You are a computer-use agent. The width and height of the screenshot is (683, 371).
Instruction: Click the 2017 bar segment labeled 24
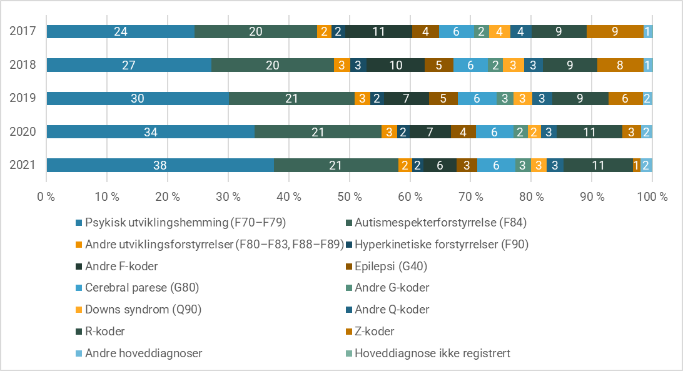[120, 31]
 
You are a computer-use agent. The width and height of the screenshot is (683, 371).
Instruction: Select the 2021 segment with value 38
[160, 165]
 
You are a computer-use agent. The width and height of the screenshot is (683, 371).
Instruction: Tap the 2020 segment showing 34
[150, 132]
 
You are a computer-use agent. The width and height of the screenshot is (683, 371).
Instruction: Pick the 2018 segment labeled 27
[129, 65]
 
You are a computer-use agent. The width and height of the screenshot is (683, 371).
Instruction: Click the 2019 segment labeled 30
[138, 98]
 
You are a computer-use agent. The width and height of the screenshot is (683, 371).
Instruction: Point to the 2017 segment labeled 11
[378, 31]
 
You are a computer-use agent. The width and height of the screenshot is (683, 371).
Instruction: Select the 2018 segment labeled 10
[395, 65]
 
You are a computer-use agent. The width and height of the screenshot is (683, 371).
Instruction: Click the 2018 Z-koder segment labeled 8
[620, 65]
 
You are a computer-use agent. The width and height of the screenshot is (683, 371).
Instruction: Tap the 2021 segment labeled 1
[636, 165]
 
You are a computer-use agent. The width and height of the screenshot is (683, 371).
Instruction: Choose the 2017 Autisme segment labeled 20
[256, 31]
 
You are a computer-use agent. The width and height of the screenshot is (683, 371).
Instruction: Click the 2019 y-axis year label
[23, 98]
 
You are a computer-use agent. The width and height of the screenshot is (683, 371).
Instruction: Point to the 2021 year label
[23, 165]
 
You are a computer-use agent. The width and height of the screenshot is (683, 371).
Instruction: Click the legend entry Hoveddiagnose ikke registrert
[432, 353]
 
